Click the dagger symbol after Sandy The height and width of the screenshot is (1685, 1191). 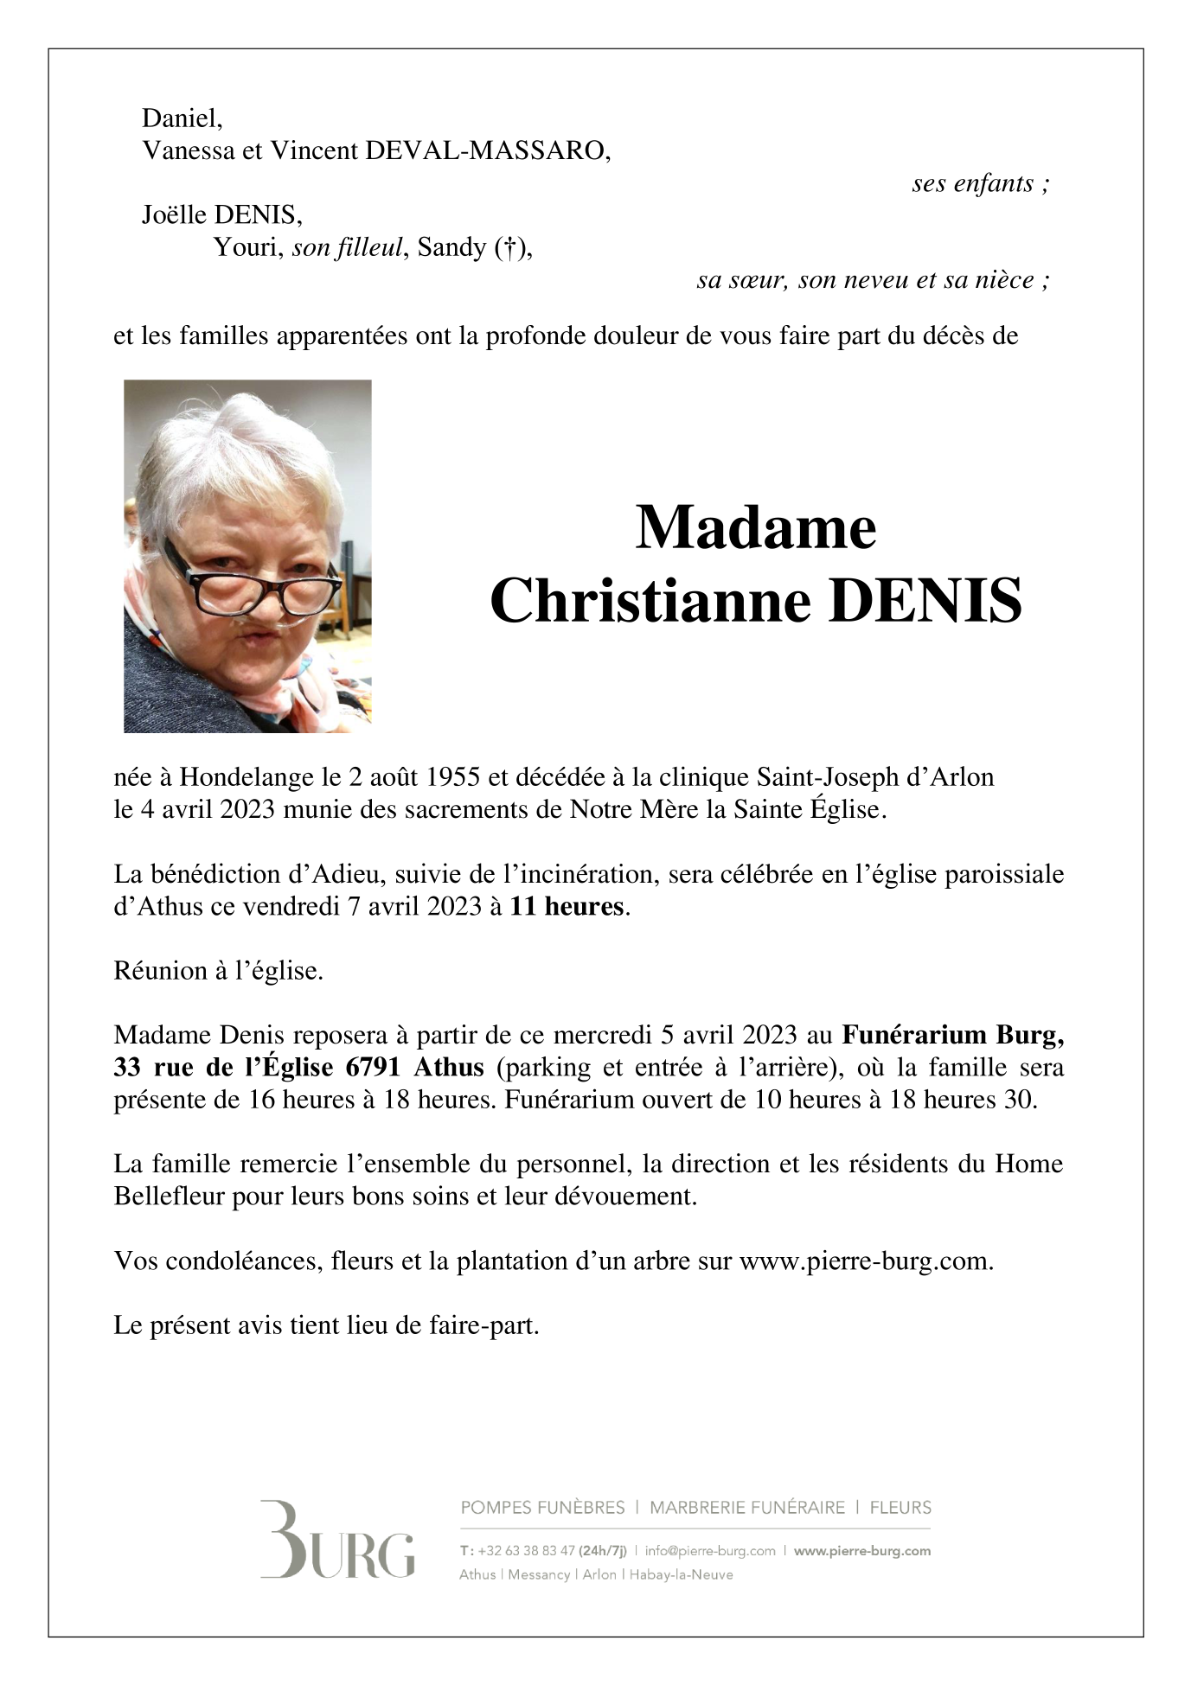[x=510, y=249]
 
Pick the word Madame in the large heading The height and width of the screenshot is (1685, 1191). [x=755, y=527]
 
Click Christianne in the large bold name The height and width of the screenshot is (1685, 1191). [x=650, y=602]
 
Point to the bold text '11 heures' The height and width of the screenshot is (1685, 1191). [x=566, y=907]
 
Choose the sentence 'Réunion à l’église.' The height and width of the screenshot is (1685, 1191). [x=218, y=971]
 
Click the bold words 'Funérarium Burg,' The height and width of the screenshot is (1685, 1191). [x=952, y=1035]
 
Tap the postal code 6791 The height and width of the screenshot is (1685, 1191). [x=373, y=1068]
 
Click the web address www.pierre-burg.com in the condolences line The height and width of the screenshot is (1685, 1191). [x=865, y=1261]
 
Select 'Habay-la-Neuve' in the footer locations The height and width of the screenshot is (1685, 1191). [x=681, y=1575]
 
